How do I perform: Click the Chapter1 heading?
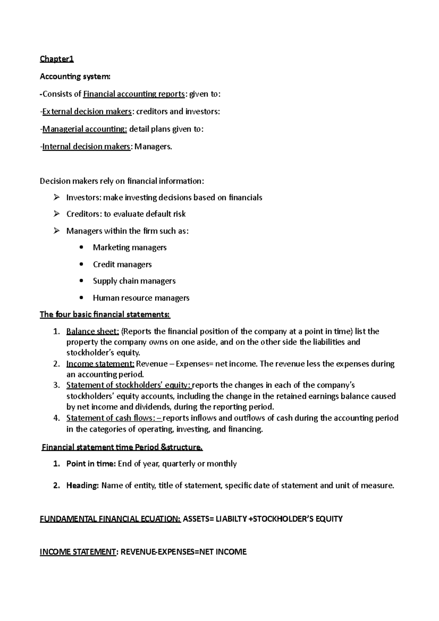point(57,59)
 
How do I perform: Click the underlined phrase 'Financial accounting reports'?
point(134,94)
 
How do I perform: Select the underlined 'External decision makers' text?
point(87,112)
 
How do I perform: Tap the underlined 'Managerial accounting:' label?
point(85,129)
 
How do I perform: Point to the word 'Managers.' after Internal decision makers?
point(153,147)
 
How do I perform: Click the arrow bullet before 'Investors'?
point(56,197)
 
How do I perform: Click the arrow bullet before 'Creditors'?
point(56,214)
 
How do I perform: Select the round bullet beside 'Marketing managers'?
point(82,248)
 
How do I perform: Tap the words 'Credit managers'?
point(122,264)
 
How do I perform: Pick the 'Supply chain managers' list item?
point(134,281)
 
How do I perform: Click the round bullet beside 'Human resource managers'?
point(82,298)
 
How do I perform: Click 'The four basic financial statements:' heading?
point(105,315)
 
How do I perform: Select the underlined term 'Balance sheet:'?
point(93,331)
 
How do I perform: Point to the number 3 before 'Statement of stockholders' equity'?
point(56,385)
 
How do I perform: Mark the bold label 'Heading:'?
point(83,486)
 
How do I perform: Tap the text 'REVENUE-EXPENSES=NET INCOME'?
point(184,552)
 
